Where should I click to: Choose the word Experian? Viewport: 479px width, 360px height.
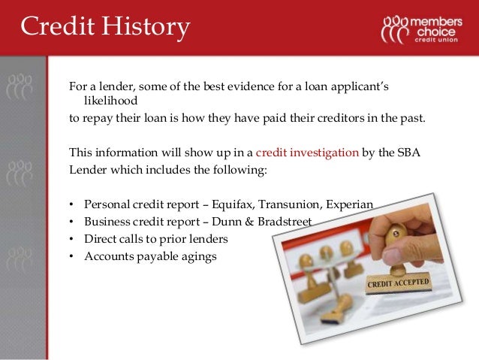(356, 204)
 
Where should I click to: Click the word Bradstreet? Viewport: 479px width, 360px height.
(282, 222)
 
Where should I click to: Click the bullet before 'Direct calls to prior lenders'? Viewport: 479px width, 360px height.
(71, 239)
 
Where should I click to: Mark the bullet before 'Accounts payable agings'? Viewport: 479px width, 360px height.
(71, 256)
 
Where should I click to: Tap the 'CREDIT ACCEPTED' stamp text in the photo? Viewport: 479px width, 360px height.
(398, 285)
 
